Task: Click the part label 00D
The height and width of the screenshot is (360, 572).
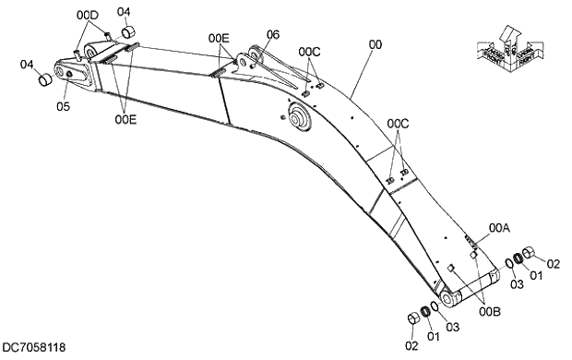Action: [87, 16]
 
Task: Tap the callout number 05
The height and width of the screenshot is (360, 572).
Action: [64, 106]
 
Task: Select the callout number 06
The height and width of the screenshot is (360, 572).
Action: [272, 34]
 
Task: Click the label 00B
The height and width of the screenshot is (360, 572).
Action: [490, 312]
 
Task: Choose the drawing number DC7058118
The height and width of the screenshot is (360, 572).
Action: [34, 348]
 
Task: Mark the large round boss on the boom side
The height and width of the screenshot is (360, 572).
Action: [299, 116]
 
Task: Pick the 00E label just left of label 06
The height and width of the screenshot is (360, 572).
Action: [219, 38]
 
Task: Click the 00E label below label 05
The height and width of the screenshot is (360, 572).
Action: [126, 118]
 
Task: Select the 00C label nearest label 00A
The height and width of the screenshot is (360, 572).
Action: [398, 123]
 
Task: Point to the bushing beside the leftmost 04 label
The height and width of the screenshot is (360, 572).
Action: [42, 79]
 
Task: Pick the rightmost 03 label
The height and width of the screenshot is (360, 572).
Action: [518, 284]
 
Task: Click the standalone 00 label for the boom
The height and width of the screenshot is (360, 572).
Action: [375, 43]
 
